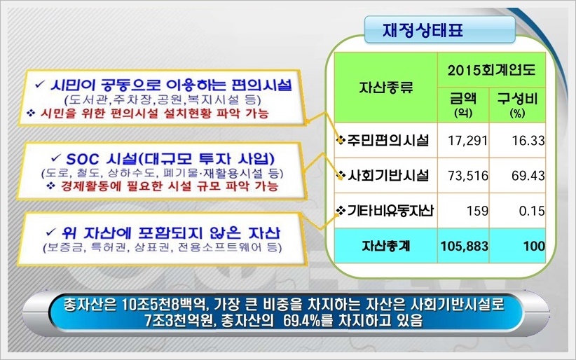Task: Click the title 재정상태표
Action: point(423,29)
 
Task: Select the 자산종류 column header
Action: point(385,87)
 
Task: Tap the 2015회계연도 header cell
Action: point(491,70)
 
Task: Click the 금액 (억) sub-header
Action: point(463,104)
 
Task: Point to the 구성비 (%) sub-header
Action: point(517,104)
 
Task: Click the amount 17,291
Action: point(467,140)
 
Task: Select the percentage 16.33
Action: point(528,140)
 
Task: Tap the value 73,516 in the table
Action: point(468,176)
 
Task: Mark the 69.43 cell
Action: point(528,176)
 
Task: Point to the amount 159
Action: point(478,211)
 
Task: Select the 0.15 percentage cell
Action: point(532,211)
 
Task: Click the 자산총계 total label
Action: point(385,246)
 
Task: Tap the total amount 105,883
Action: point(465,246)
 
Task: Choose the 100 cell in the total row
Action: point(534,246)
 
